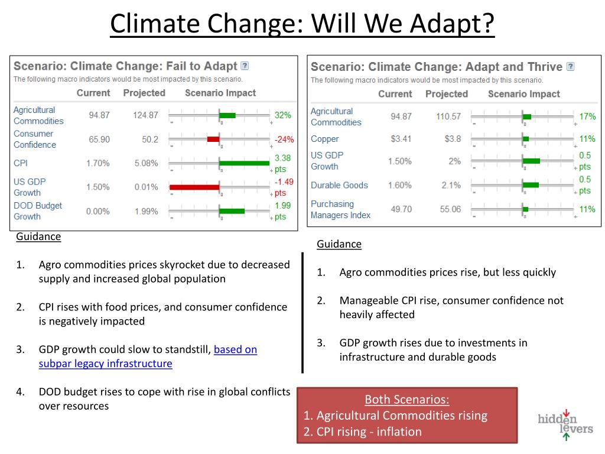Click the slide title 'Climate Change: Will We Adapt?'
point(302,24)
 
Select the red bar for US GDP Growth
point(194,187)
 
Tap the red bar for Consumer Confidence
point(213,140)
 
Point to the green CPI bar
point(244,163)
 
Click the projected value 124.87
point(145,115)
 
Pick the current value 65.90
point(99,140)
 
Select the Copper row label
point(325,139)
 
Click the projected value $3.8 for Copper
point(452,139)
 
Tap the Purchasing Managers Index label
point(340,209)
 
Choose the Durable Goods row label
point(339,185)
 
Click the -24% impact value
point(284,140)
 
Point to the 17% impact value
point(587,116)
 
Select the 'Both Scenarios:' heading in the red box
point(406,400)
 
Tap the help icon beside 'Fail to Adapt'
point(245,66)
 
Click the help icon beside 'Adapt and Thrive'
point(570,67)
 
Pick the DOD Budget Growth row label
point(38,211)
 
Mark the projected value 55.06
point(448,209)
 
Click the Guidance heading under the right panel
point(339,244)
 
